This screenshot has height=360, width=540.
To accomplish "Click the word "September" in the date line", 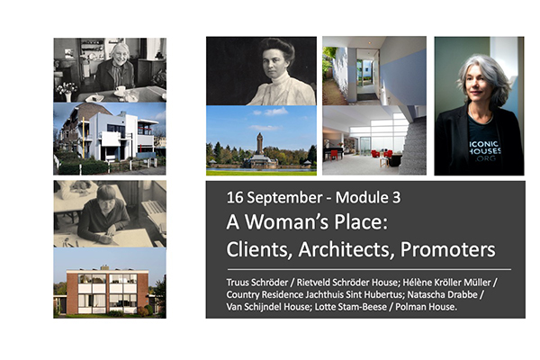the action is pyautogui.click(x=284, y=198).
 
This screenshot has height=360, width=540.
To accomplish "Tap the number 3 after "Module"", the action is pyautogui.click(x=396, y=197).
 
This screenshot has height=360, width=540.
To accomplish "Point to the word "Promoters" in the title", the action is pyautogui.click(x=447, y=249).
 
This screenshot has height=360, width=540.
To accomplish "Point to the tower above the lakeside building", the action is pyautogui.click(x=260, y=143).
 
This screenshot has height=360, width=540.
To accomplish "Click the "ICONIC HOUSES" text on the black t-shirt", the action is pyautogui.click(x=485, y=147).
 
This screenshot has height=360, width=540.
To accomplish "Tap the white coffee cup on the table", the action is pyautogui.click(x=121, y=90).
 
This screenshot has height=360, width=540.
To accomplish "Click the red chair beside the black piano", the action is pyautogui.click(x=333, y=156).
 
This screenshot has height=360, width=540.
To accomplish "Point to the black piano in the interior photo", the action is pyautogui.click(x=333, y=151).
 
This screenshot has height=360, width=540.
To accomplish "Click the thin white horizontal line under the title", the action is pyautogui.click(x=369, y=269).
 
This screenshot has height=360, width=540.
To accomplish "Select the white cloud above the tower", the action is pyautogui.click(x=274, y=112).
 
